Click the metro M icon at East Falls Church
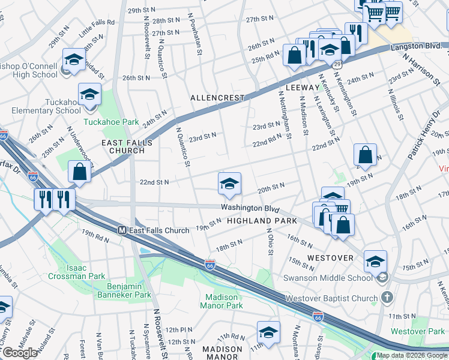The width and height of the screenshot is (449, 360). point(122,230)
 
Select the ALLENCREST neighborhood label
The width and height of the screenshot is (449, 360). point(217,97)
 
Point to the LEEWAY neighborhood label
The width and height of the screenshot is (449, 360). point(302,88)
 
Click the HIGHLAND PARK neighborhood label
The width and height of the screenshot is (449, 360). point(262,221)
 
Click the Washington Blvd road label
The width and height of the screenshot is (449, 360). point(250,208)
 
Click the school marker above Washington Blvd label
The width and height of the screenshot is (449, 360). point(229,184)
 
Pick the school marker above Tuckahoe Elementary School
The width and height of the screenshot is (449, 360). point(89,95)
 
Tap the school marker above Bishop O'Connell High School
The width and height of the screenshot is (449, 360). point(73,60)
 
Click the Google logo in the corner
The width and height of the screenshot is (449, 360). point(20,353)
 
